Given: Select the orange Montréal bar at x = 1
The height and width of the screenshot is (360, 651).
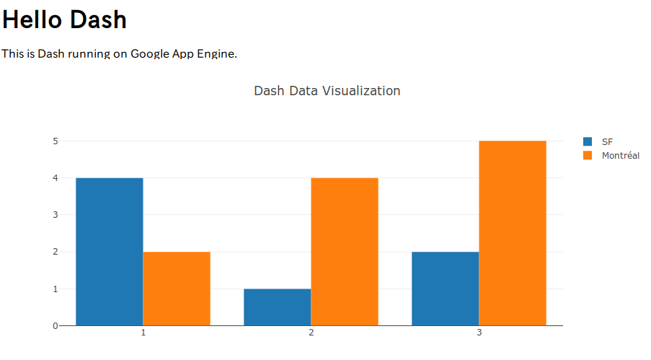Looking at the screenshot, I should (177, 289).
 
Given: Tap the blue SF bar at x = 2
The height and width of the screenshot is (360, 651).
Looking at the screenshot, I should (277, 307).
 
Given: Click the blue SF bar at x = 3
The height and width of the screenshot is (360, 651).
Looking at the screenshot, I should (445, 289).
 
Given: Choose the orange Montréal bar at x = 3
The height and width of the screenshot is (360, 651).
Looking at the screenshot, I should (513, 233).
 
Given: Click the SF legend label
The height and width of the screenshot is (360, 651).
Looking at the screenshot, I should (608, 141).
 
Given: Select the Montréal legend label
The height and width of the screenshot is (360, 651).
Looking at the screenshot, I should (620, 156).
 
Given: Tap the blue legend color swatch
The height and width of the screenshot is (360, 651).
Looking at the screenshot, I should (588, 141).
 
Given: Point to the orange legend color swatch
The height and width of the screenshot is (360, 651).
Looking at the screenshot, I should (588, 156).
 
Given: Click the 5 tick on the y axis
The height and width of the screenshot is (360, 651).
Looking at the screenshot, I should (55, 141).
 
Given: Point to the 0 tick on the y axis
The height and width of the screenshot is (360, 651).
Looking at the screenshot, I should (55, 326).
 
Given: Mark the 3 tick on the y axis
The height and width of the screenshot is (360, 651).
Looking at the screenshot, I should (55, 215).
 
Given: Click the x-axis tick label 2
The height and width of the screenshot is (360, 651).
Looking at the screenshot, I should (311, 333).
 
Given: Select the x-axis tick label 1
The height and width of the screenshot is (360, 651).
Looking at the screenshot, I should (143, 333).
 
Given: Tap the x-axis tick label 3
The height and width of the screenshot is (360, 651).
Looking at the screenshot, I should (479, 333).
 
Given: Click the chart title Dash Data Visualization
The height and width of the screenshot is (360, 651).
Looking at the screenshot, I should (327, 91).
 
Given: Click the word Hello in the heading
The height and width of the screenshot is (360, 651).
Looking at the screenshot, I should (32, 20).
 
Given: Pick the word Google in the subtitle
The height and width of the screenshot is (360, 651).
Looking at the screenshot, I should (149, 54).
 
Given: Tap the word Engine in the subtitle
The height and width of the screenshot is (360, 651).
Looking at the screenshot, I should (218, 54).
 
